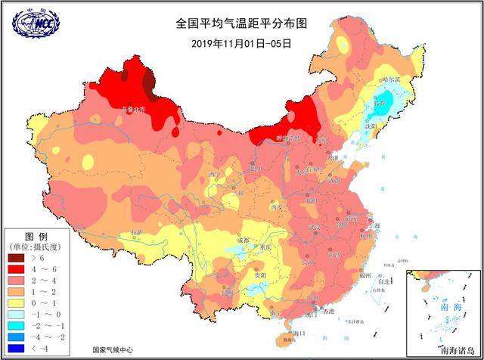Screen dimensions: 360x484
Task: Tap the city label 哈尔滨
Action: pos(392,79)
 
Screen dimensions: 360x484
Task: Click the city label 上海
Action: pos(372,226)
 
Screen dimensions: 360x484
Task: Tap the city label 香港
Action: pos(327,311)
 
